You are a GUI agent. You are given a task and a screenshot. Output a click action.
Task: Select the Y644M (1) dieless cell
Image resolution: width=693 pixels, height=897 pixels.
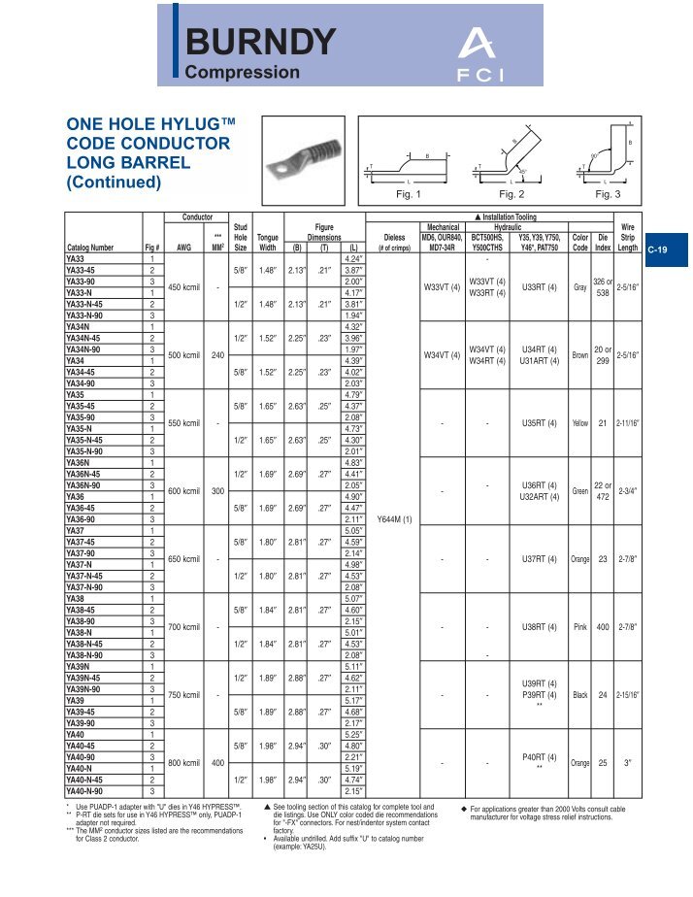pyautogui.click(x=394, y=518)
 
